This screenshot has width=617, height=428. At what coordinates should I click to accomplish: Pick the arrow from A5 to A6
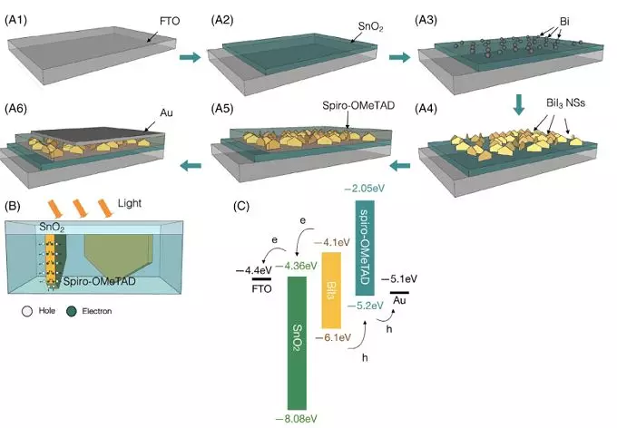tap(190, 164)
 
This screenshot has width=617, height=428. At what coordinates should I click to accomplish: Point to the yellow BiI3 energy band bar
tap(331, 290)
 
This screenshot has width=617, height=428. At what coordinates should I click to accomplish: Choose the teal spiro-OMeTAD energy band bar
tap(364, 245)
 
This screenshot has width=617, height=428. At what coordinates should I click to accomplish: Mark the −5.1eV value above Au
tap(400, 278)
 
